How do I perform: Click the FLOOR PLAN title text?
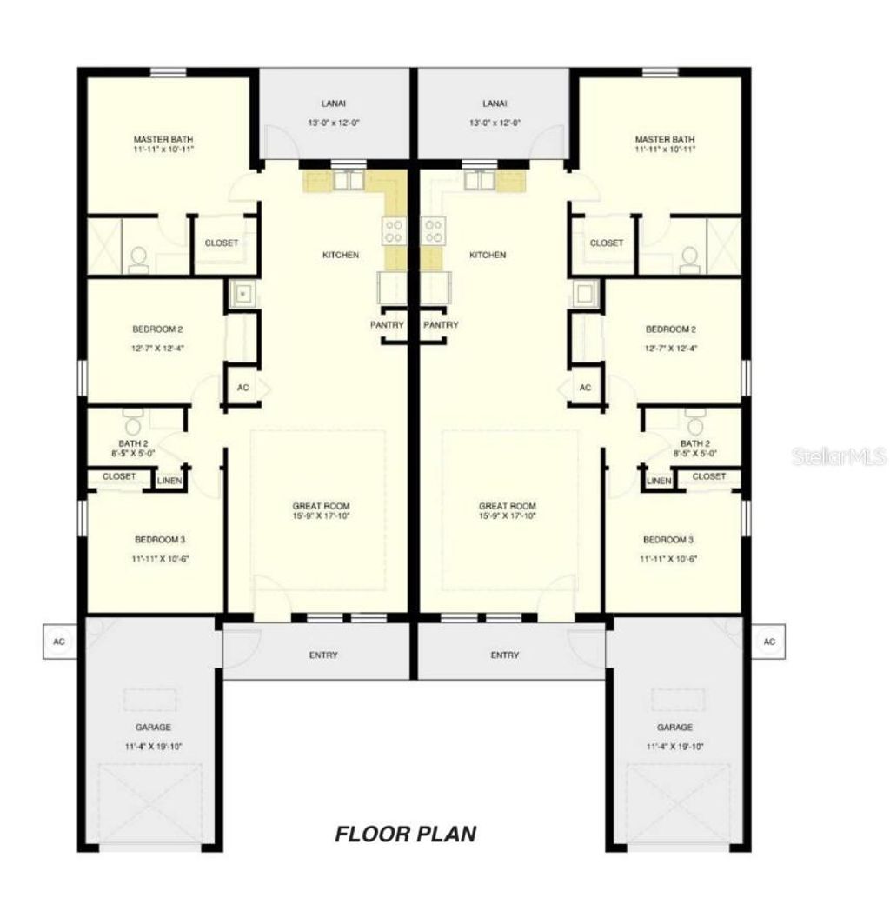point(406,835)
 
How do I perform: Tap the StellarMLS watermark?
point(839,455)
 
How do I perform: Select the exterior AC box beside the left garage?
point(60,642)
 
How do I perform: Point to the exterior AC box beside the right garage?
point(768,642)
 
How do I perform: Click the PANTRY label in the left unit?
point(387,325)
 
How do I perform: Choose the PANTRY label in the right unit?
point(441,325)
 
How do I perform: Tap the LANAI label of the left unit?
point(334,103)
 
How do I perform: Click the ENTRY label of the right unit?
point(504,655)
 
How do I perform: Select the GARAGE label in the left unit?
point(153,727)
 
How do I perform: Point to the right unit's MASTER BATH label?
point(665,139)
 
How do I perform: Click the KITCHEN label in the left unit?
point(341,255)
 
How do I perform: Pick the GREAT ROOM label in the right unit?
point(508,505)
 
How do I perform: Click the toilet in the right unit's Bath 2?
point(693,426)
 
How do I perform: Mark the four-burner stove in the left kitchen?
point(394,230)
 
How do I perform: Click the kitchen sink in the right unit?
point(479,180)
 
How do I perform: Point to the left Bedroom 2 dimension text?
point(157,348)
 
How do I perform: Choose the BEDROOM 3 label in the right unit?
point(669,539)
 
